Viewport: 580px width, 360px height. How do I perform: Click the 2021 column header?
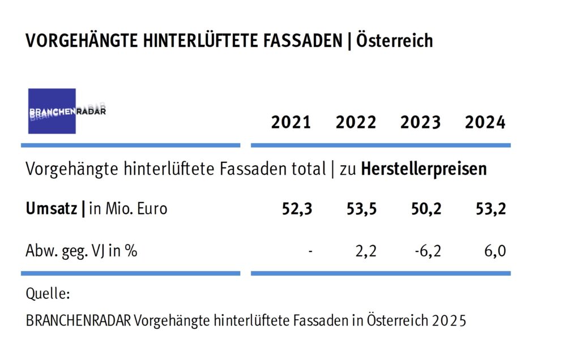(291, 122)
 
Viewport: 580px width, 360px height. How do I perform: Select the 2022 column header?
(356, 122)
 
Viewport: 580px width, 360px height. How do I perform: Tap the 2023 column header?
(420, 122)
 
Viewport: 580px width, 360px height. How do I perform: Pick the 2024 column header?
(485, 122)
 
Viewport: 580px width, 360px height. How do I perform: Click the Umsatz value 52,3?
(297, 209)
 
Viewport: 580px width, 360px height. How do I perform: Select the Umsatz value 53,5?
(362, 209)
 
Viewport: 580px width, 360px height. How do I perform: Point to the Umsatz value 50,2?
(427, 209)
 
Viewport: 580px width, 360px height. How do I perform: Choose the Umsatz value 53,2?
(491, 209)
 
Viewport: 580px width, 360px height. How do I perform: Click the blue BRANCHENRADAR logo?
(52, 111)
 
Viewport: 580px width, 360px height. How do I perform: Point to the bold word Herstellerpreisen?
(424, 169)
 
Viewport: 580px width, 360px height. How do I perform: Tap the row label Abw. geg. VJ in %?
(81, 250)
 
